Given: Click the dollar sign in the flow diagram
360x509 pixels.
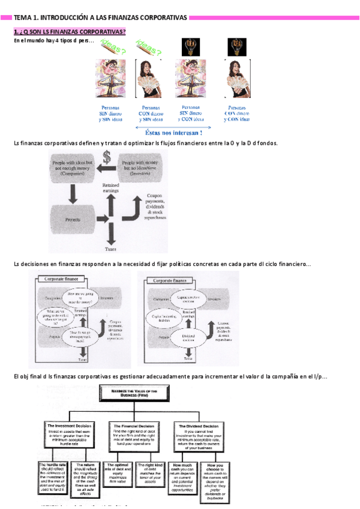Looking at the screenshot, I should point(106,158).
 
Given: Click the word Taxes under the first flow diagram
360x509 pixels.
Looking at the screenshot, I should point(110,248).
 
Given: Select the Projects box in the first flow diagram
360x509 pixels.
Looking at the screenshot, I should point(75,220).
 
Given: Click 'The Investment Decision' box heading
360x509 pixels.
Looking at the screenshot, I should point(70,426).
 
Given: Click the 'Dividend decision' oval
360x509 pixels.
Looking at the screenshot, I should point(188,337).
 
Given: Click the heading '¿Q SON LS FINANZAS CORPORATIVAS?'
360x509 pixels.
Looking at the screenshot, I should point(70,31).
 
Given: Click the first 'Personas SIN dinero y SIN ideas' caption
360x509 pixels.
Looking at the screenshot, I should point(110,113).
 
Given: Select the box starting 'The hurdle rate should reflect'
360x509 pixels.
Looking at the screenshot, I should point(53,478).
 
